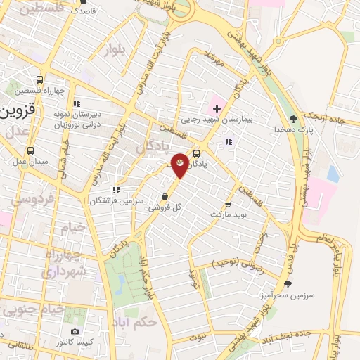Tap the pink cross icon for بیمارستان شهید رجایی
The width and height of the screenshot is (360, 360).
217,108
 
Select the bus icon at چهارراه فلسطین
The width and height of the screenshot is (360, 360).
39,79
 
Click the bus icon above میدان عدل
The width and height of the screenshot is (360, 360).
30,150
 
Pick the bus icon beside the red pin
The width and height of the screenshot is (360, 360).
196,153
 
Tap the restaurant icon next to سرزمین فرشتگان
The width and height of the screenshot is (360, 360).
116,189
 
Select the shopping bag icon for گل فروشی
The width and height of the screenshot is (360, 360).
164,197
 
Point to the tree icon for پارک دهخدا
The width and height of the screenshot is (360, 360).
293,119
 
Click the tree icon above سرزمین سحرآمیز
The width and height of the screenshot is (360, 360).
287,283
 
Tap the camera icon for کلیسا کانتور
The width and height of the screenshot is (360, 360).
75,331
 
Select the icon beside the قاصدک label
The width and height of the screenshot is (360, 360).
73,11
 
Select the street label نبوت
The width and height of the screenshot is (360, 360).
198,337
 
